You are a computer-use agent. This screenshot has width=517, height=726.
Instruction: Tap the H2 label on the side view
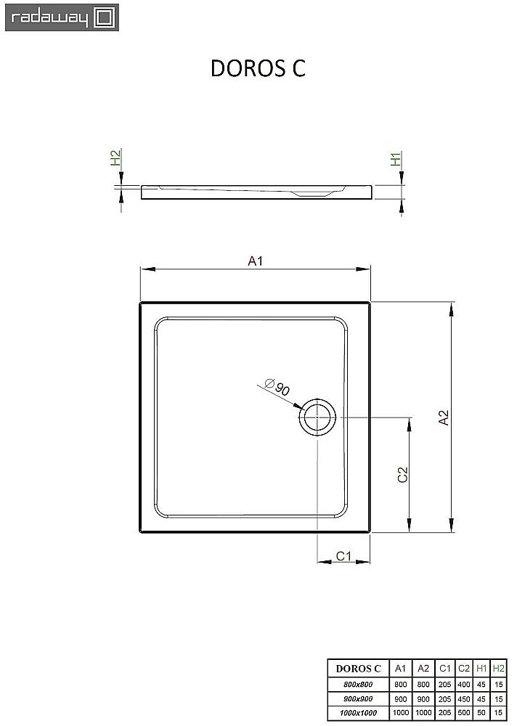(x=115, y=159)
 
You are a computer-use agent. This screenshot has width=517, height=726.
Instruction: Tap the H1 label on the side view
(x=396, y=160)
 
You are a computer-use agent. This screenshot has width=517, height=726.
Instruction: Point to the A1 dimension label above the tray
(x=255, y=261)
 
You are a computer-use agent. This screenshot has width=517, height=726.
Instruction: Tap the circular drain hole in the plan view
(x=317, y=417)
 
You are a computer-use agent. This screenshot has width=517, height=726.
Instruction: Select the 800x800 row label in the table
(x=357, y=684)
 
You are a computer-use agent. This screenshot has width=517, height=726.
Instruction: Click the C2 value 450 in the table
(x=464, y=698)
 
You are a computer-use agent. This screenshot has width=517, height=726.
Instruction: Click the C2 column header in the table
(x=464, y=669)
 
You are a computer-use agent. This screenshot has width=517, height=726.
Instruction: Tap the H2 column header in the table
(x=498, y=669)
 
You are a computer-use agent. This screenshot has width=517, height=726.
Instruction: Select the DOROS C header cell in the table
(x=357, y=669)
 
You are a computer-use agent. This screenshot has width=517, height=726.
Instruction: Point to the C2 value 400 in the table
(x=464, y=684)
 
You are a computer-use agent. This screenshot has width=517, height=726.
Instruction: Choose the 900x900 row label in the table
(x=357, y=698)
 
